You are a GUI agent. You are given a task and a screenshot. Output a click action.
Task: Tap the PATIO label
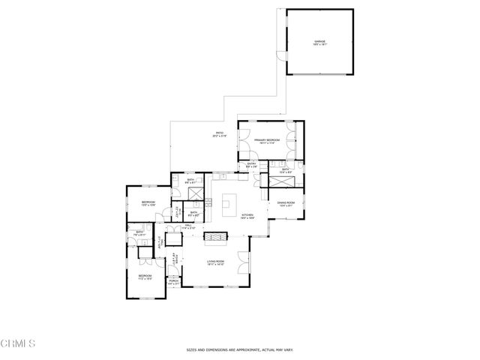(x=219, y=134)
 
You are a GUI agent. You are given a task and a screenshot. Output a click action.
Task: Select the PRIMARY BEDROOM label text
(x=266, y=140)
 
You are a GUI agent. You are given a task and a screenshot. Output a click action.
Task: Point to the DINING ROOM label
(x=286, y=203)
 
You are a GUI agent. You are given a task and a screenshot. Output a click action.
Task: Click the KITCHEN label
(x=247, y=216)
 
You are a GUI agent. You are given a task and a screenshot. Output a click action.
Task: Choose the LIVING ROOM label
(x=217, y=262)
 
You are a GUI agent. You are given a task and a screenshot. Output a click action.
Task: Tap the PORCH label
(x=173, y=283)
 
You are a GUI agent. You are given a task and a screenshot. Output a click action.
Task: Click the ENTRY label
(x=252, y=164)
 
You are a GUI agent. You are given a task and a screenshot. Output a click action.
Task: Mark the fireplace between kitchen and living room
(x=215, y=238)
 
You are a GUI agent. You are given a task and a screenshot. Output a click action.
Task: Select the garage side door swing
(x=281, y=56)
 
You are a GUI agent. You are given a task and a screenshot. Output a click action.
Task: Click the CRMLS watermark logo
(x=18, y=344)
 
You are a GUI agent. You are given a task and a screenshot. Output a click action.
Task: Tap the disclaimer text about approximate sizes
(x=240, y=349)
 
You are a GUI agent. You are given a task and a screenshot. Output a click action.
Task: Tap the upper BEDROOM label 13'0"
(x=148, y=202)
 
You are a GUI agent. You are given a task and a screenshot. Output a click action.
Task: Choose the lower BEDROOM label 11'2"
(x=145, y=277)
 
